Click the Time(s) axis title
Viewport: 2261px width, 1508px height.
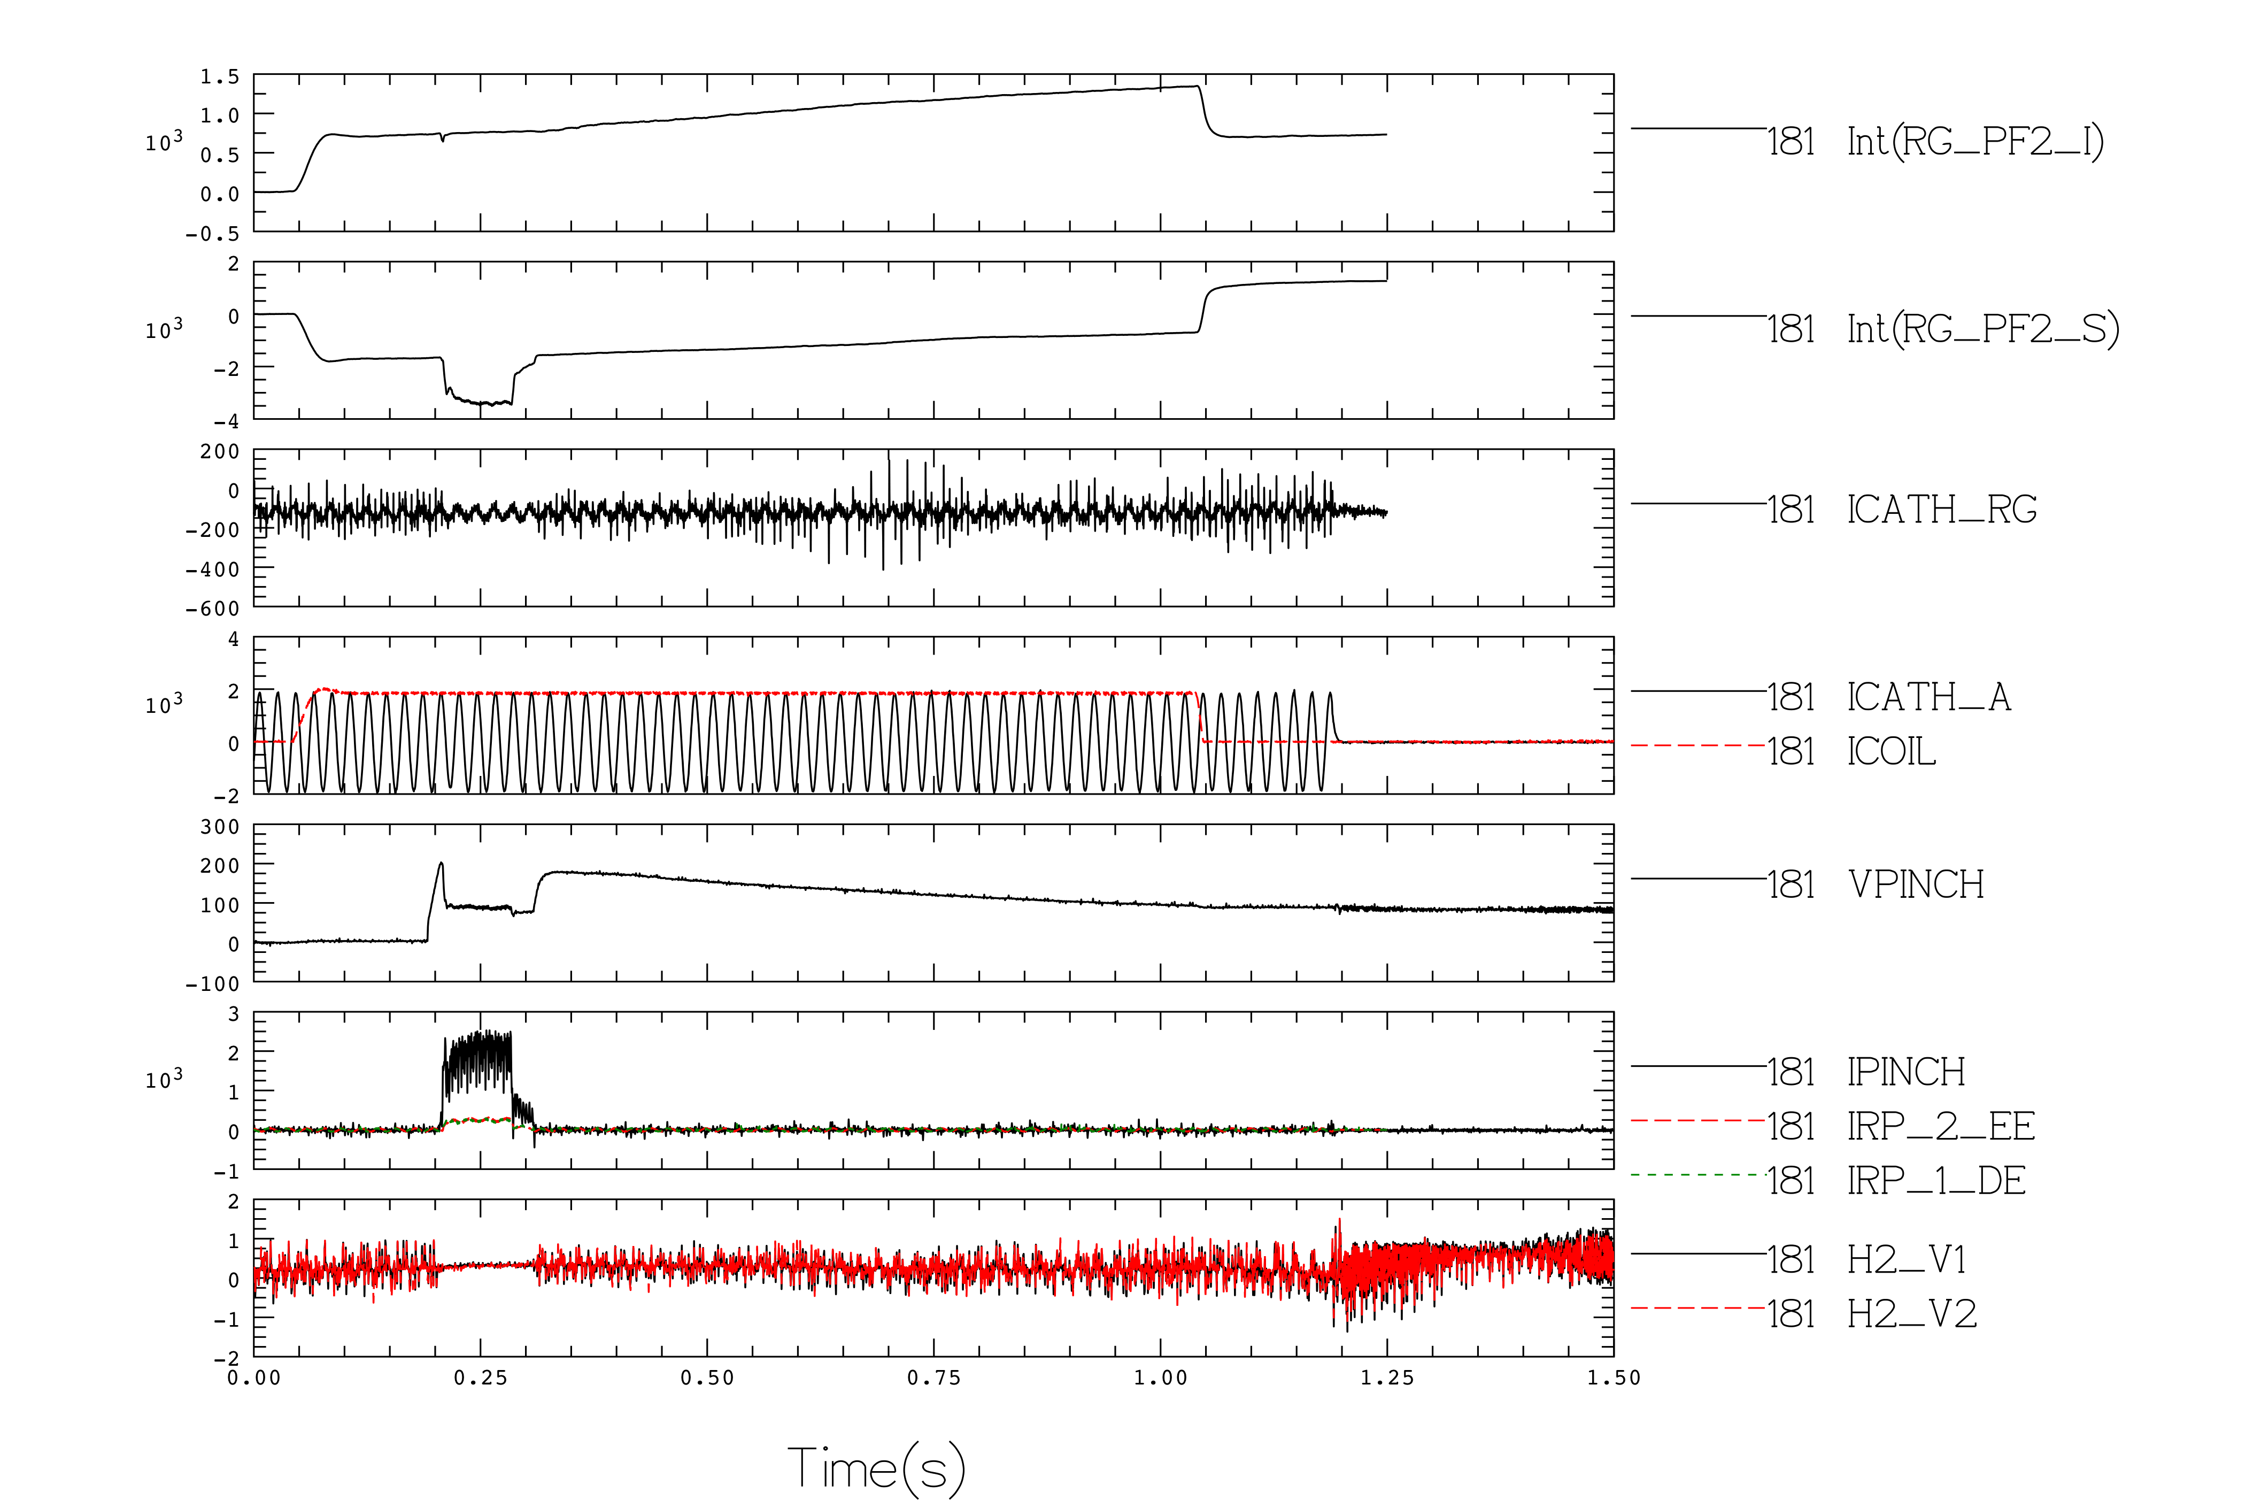click(x=876, y=1467)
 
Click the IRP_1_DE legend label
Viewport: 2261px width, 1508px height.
click(x=1936, y=1181)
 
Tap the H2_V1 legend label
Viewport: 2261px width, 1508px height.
click(x=1907, y=1260)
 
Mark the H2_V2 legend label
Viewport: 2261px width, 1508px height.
click(x=1911, y=1314)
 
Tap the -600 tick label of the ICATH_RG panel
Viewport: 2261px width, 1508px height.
click(x=212, y=609)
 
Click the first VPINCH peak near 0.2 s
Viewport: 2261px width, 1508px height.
click(x=441, y=864)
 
